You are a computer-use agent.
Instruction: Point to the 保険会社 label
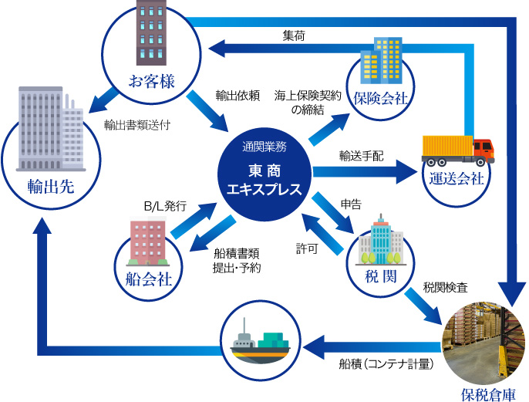tap(380, 99)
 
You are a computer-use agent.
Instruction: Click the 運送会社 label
tap(457, 179)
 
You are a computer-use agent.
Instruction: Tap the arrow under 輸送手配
tap(363, 171)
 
